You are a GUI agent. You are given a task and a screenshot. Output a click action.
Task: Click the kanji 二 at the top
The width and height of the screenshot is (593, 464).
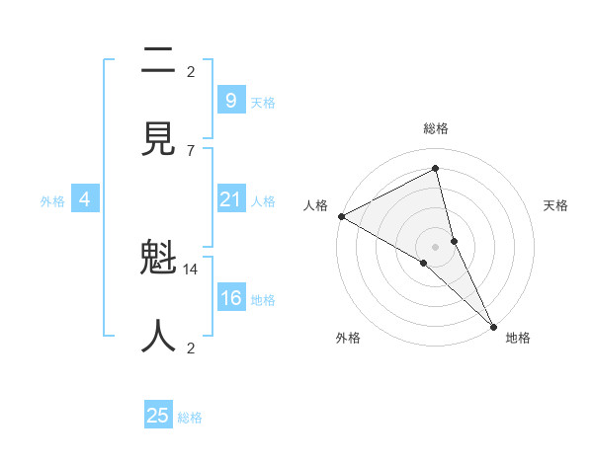click(158, 62)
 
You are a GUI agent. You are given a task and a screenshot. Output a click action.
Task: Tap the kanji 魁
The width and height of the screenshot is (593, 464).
click(158, 261)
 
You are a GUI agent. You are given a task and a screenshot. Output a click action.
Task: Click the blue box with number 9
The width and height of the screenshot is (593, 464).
click(230, 100)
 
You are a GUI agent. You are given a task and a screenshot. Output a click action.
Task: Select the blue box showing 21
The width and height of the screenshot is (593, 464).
click(230, 200)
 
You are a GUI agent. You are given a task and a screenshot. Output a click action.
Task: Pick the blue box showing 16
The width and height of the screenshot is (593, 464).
click(230, 299)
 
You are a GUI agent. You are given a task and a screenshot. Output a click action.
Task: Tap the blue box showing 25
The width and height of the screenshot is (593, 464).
click(158, 416)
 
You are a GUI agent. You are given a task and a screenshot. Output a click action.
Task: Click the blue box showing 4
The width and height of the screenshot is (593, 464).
click(85, 200)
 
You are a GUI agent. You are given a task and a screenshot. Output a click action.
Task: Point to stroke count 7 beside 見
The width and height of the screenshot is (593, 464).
click(191, 150)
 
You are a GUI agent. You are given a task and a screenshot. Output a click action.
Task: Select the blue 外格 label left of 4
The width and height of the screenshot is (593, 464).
click(52, 201)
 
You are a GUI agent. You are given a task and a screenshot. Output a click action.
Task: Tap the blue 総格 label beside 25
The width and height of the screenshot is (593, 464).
click(190, 418)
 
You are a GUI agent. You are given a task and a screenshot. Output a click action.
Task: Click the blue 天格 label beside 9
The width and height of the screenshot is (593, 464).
click(263, 102)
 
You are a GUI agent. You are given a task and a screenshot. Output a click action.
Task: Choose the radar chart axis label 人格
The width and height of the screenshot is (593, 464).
click(315, 205)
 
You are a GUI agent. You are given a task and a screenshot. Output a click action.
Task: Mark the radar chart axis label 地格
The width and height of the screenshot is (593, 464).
click(518, 338)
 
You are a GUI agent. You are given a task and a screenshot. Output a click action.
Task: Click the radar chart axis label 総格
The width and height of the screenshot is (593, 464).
click(436, 128)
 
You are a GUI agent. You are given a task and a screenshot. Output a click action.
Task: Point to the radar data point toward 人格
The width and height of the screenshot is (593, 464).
click(341, 216)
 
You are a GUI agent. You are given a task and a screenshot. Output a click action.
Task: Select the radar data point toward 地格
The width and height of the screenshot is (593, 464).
click(494, 325)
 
